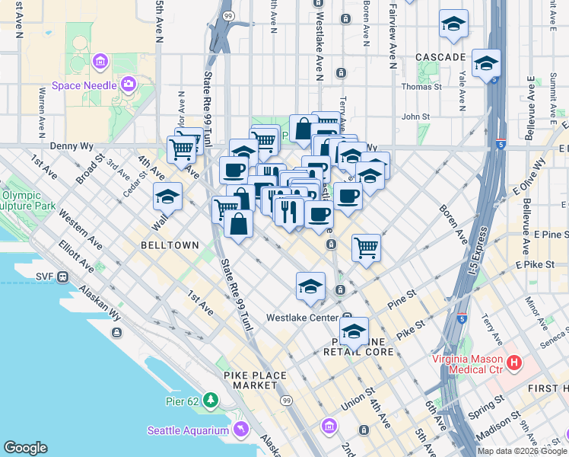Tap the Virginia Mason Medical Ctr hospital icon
coord(515,363)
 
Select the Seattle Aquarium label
coord(187,430)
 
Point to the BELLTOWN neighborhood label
coord(170,245)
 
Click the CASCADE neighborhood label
coord(440,57)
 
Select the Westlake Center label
coord(302,317)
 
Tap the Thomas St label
coord(421,87)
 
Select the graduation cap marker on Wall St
coord(167,197)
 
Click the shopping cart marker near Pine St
coord(367,248)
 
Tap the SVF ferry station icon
coord(65,276)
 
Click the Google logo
coord(25,448)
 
